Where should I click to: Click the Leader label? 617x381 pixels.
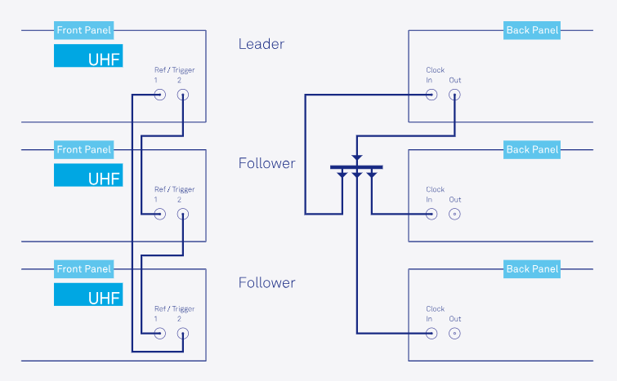click(x=261, y=44)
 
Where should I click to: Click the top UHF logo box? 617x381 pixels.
click(x=88, y=56)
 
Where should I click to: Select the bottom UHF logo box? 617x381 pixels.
click(x=88, y=295)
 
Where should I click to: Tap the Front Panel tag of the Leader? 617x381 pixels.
click(x=84, y=30)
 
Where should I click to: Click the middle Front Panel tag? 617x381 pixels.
click(x=84, y=149)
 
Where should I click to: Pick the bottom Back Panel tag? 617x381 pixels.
click(x=532, y=269)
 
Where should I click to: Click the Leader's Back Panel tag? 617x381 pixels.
click(x=532, y=30)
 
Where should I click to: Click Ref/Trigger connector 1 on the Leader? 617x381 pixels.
click(x=159, y=95)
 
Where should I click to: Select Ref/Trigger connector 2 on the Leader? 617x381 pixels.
click(x=183, y=95)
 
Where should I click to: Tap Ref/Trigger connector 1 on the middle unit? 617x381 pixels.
click(x=159, y=214)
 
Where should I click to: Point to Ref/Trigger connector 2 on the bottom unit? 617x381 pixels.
click(x=183, y=333)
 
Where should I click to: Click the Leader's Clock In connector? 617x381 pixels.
click(x=431, y=95)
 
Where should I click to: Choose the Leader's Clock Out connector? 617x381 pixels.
click(x=454, y=95)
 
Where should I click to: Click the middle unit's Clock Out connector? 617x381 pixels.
click(x=454, y=214)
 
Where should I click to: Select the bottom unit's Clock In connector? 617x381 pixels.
click(x=431, y=333)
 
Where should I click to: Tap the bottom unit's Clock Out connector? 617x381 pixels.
click(x=454, y=333)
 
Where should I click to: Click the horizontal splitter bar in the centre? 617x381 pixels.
click(x=356, y=167)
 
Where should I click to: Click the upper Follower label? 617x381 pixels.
click(x=266, y=163)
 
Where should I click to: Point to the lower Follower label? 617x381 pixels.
click(x=266, y=283)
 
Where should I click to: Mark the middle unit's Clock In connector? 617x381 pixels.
click(x=431, y=214)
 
